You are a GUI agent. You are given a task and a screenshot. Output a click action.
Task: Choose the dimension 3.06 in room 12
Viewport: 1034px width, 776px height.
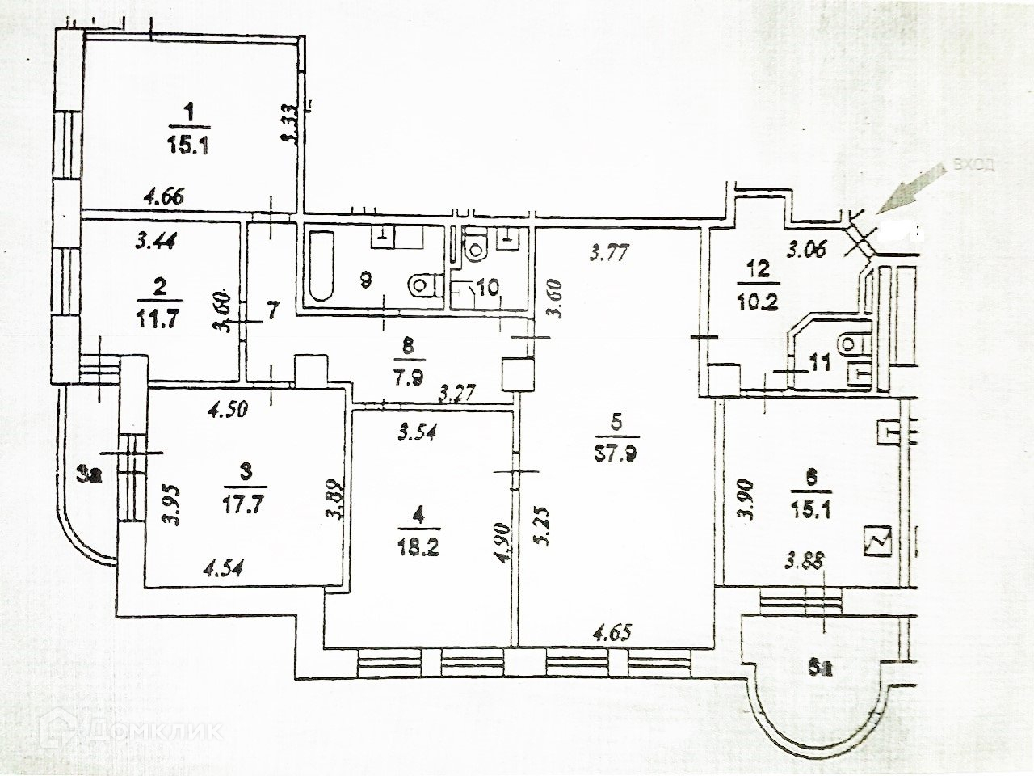(806, 249)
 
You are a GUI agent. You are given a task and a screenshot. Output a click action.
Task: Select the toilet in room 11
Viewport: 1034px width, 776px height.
(851, 343)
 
